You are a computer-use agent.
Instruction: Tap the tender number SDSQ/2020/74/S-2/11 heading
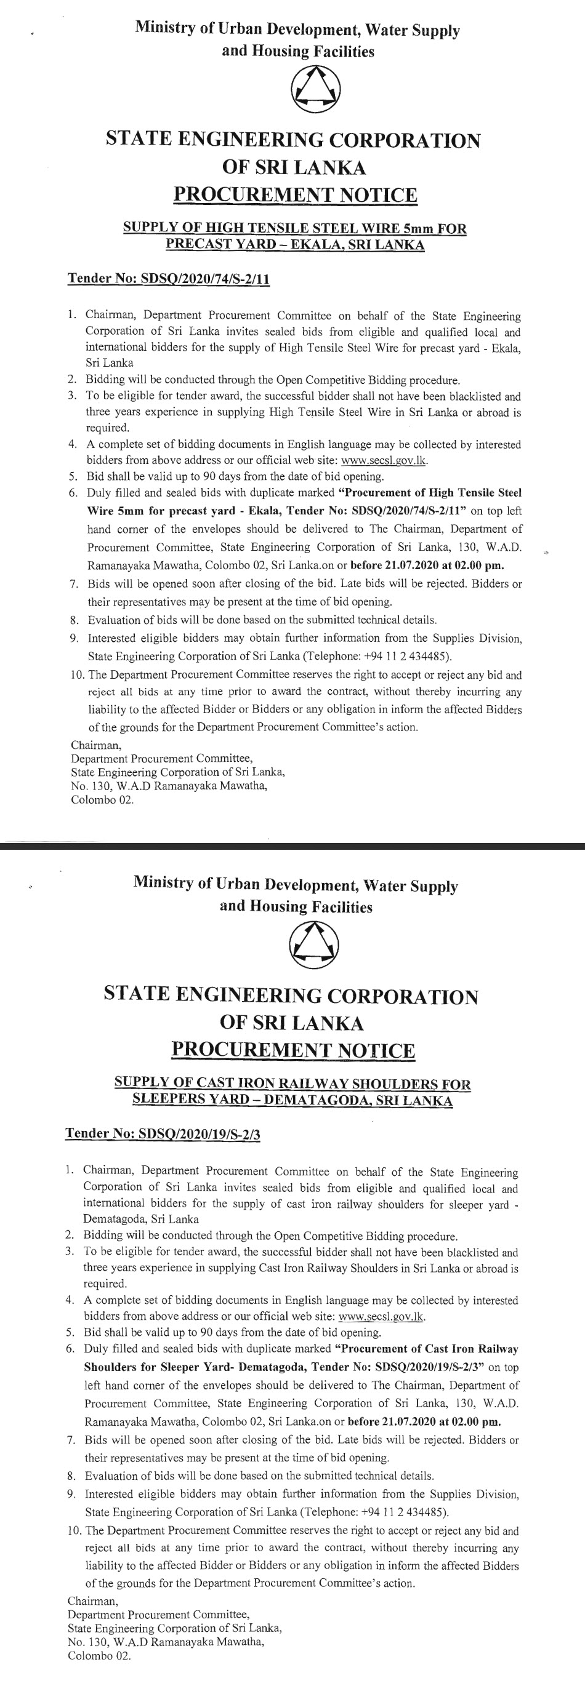tap(169, 279)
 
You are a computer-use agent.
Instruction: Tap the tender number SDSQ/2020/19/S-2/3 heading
tap(163, 1133)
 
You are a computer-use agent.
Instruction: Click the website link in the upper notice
tap(384, 460)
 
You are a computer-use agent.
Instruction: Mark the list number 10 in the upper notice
tap(76, 675)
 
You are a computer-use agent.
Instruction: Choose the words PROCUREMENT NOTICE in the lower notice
tap(293, 1050)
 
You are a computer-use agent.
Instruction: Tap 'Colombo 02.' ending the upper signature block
tap(102, 800)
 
